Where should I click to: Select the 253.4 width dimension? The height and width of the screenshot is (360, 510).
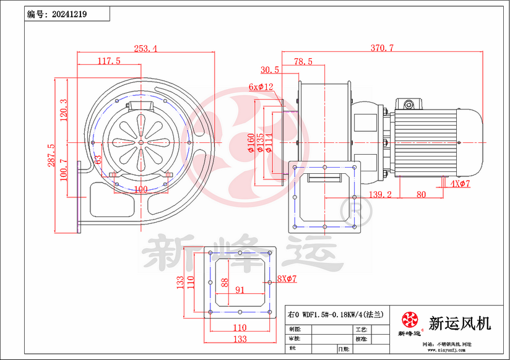pyautogui.click(x=144, y=48)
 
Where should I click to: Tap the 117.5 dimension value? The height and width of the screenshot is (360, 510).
pyautogui.click(x=109, y=61)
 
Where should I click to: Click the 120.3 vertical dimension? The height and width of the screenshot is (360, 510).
pyautogui.click(x=63, y=111)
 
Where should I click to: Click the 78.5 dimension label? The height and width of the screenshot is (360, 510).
pyautogui.click(x=303, y=61)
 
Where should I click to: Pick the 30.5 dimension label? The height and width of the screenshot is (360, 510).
pyautogui.click(x=270, y=70)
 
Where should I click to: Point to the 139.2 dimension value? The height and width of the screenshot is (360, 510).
pyautogui.click(x=380, y=194)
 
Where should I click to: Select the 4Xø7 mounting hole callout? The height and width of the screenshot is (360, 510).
pyautogui.click(x=460, y=184)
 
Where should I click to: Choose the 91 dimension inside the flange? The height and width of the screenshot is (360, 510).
pyautogui.click(x=240, y=289)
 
